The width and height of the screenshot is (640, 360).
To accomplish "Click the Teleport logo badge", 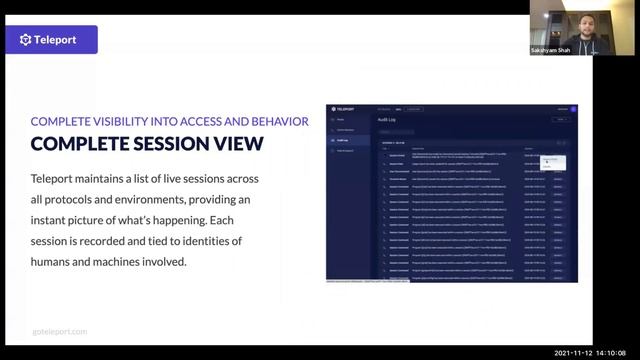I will [59, 40].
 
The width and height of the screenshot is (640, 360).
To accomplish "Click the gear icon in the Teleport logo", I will [27, 40].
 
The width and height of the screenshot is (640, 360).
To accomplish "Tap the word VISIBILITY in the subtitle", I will [130, 121].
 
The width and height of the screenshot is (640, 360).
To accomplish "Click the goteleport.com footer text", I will [59, 331].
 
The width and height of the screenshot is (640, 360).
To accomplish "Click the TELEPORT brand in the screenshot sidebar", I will [346, 108].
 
